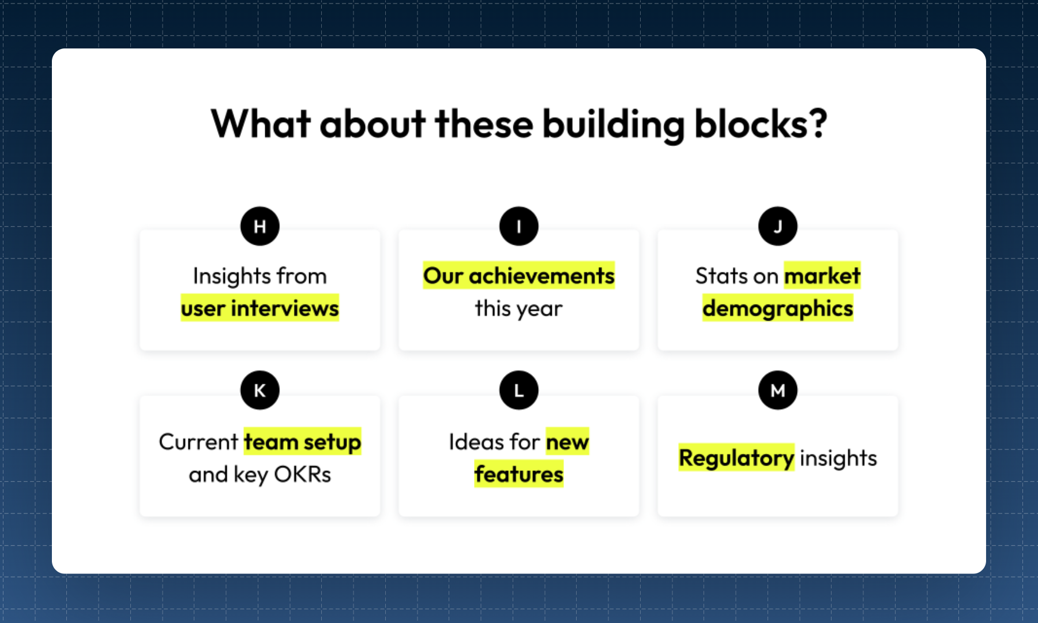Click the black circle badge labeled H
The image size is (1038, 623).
tap(259, 226)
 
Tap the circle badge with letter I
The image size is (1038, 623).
tap(518, 226)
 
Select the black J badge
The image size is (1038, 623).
tap(777, 226)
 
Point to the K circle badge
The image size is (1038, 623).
tap(259, 390)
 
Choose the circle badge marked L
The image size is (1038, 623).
tap(518, 390)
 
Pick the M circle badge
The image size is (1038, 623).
tap(777, 390)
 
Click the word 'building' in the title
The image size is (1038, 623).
tap(614, 125)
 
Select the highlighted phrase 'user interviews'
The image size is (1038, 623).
tap(259, 308)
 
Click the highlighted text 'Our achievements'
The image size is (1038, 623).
tap(518, 276)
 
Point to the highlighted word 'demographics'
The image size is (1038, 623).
tap(777, 308)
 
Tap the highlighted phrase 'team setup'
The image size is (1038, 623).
tap(302, 442)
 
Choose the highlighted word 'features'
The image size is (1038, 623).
tap(518, 474)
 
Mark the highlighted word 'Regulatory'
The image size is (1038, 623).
tap(736, 458)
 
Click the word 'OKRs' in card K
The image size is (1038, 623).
tap(302, 474)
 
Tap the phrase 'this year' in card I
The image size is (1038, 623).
tap(518, 309)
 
